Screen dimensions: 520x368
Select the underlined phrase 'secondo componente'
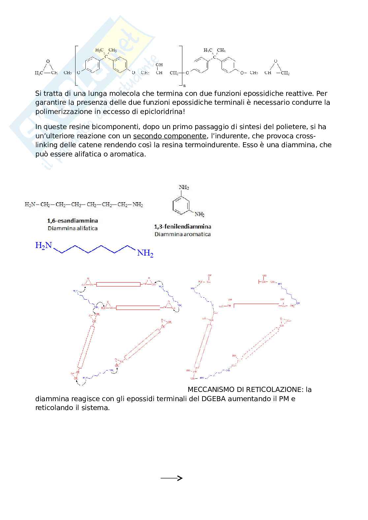[x=169, y=136]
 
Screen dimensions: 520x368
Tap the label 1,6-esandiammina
[x=72, y=221]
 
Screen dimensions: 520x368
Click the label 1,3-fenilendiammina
[x=182, y=227]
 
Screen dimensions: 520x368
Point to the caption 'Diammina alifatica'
[x=73, y=228]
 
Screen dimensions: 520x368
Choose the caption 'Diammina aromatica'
[x=182, y=234]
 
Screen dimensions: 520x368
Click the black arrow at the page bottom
[x=171, y=478]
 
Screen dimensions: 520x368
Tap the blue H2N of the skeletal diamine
[x=44, y=245]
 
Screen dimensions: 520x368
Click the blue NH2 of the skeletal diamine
[x=145, y=253]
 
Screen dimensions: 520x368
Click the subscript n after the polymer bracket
[x=184, y=85]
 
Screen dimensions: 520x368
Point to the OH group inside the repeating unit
[x=159, y=65]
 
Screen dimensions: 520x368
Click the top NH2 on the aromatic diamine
[x=184, y=187]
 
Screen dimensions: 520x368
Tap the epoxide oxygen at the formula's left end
[x=48, y=61]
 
